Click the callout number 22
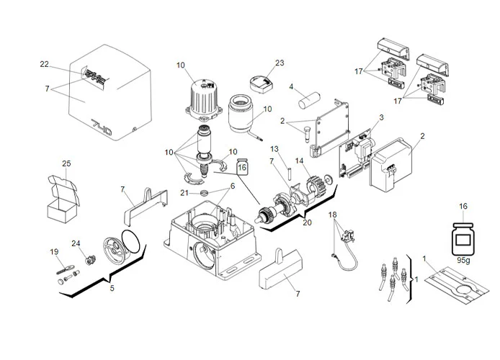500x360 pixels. (x=45, y=65)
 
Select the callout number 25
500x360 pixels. (x=66, y=163)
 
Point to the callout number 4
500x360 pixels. (x=291, y=86)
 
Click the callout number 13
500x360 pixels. (x=274, y=149)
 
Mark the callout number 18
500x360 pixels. (x=332, y=215)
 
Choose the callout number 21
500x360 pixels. (x=184, y=194)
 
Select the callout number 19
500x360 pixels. (x=53, y=251)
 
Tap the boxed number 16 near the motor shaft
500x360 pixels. (x=243, y=166)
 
